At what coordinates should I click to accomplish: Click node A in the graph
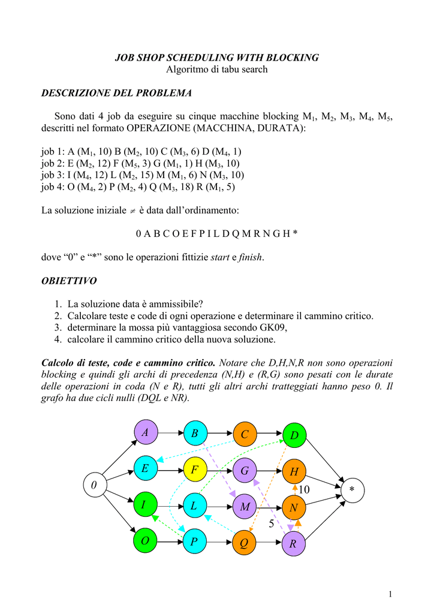coord(144,432)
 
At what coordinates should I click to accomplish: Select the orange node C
coord(244,434)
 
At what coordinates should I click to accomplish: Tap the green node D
coord(294,434)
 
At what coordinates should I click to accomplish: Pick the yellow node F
coord(194,469)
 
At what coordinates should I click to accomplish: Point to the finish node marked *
coord(352,490)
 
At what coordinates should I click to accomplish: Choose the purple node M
coord(244,507)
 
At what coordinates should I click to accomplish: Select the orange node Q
coord(244,543)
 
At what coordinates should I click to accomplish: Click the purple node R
coord(293,544)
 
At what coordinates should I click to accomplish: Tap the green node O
coord(144,542)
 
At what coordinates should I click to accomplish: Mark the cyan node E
coord(144,468)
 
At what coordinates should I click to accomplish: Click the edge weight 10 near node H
coord(304,490)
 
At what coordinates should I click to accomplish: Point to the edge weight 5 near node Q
coord(271,524)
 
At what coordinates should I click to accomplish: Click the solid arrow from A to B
coord(170,432)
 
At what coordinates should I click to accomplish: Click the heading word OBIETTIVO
coord(68,281)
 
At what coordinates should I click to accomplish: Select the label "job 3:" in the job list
coord(53,176)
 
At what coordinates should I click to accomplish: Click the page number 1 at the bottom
coord(390,594)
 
